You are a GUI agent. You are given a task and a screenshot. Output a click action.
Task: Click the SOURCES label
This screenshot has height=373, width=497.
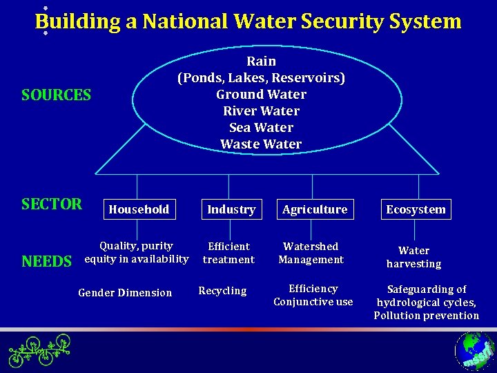click(56, 95)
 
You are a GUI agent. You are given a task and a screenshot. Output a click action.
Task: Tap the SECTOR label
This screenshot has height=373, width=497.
click(52, 204)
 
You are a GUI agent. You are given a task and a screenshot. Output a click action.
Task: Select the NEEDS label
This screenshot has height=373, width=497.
click(46, 261)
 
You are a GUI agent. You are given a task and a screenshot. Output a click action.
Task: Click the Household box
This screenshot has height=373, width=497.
click(138, 209)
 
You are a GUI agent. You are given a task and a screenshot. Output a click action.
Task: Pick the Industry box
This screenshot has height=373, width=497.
click(231, 209)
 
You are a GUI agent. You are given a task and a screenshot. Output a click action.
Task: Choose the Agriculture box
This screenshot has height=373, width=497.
click(315, 209)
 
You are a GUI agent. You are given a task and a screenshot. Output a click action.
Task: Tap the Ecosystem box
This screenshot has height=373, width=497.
click(416, 209)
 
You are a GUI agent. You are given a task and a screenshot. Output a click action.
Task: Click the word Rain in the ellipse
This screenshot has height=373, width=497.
click(261, 61)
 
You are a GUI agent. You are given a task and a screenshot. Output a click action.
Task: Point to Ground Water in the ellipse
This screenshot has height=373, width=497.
click(261, 95)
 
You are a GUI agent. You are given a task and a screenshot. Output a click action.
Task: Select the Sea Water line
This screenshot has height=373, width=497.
click(261, 128)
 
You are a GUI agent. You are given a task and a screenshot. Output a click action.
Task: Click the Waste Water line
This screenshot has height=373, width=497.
click(261, 144)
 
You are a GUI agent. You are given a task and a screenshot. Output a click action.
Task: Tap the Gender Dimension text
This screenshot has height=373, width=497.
click(125, 293)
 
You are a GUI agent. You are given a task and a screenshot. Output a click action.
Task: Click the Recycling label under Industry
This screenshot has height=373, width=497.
click(222, 291)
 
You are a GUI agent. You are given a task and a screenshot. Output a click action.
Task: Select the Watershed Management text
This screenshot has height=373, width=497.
click(311, 253)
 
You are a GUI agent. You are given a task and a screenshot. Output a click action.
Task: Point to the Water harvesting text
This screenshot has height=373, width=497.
click(414, 257)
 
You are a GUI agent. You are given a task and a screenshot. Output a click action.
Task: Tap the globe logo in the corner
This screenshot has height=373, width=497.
click(475, 351)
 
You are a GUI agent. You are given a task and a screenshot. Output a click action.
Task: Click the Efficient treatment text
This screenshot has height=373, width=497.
click(228, 253)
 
